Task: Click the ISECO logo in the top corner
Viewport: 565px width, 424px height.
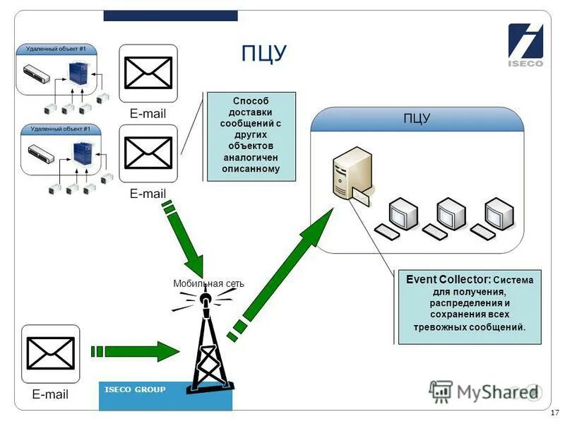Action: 525,45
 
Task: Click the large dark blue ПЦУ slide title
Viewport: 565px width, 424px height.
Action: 263,54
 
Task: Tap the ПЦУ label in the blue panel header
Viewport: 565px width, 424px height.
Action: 417,119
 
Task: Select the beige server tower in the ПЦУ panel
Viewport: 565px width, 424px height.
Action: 352,174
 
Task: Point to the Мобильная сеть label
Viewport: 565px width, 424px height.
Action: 208,283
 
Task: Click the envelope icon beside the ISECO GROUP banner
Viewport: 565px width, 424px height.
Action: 50,354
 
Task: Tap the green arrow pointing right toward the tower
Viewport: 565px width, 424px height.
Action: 135,351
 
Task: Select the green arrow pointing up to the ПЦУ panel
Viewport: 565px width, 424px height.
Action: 280,274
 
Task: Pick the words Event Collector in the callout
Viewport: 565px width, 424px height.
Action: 448,279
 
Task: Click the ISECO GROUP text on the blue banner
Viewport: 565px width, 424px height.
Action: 135,389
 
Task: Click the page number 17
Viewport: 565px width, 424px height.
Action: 554,413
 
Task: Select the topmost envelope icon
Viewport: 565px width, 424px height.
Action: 148,73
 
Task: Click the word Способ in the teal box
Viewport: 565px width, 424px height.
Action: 251,100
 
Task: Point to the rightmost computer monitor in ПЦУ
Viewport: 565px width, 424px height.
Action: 499,214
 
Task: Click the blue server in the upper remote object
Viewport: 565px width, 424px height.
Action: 79,73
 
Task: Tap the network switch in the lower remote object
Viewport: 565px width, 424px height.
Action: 41,153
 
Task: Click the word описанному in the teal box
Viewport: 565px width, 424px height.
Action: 251,169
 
